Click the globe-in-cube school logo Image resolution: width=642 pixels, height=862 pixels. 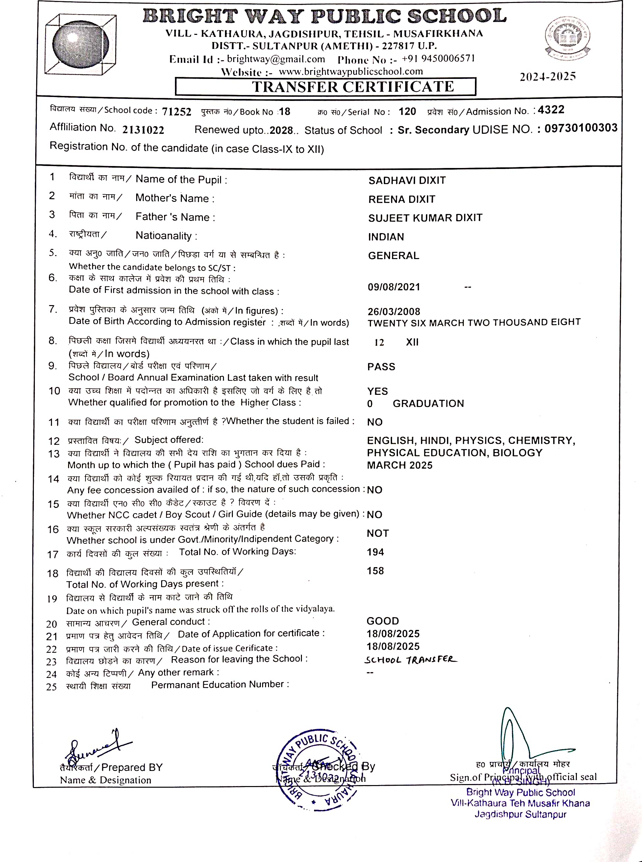tap(81, 44)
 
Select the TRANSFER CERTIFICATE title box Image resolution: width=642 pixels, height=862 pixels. tap(325, 86)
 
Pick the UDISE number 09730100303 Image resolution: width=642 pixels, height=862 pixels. tap(580, 128)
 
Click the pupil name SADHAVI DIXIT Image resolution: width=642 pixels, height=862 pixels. tap(407, 180)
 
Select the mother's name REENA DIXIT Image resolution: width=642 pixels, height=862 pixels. tap(402, 199)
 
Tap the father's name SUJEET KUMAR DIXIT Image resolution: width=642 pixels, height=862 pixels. tap(425, 218)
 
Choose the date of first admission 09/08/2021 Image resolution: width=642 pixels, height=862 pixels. tap(394, 287)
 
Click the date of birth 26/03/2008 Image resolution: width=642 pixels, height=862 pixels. tap(394, 312)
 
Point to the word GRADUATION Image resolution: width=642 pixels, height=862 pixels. tap(428, 404)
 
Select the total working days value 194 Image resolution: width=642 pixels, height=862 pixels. tap(375, 552)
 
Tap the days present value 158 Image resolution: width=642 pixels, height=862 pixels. tap(375, 571)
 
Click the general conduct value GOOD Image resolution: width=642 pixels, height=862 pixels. tap(383, 621)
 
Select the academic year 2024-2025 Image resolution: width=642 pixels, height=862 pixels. tap(548, 77)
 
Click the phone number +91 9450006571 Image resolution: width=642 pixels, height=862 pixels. tap(438, 59)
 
